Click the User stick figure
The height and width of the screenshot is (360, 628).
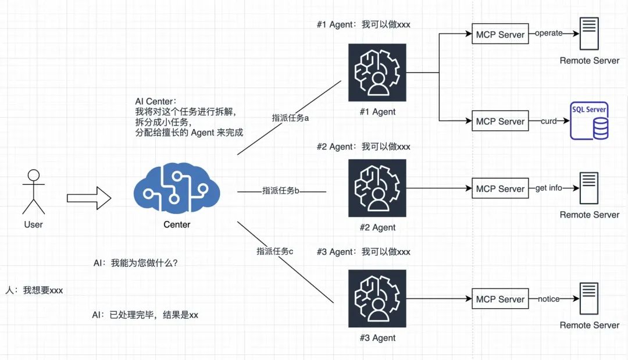pos(33,192)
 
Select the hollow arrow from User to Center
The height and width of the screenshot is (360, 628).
pos(88,198)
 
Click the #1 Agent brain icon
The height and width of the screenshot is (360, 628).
pos(377,73)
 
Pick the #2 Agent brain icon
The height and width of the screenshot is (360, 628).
pos(377,188)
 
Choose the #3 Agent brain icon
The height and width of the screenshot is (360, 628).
pos(377,299)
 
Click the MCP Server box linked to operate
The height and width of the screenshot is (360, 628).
pos(500,34)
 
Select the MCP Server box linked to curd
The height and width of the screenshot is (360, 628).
pos(500,122)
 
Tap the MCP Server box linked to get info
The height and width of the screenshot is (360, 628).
pos(500,189)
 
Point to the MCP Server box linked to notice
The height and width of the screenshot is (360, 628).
pos(500,300)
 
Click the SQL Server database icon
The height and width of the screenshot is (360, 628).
pos(588,120)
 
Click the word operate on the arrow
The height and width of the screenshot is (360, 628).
pos(548,34)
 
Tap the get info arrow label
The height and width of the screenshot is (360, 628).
pos(548,188)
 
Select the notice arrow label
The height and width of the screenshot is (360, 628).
pos(548,299)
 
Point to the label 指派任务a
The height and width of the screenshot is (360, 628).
pos(290,117)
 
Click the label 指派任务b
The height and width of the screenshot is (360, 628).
pos(280,190)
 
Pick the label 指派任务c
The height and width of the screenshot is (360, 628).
pos(275,251)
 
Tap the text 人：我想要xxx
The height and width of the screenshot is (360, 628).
pos(34,290)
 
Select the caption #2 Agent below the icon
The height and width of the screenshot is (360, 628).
pos(377,227)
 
